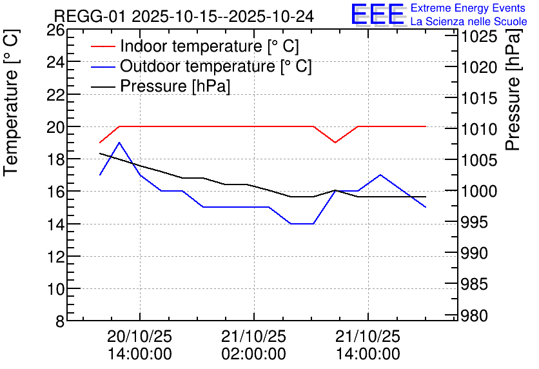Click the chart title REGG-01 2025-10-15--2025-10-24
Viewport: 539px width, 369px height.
(184, 16)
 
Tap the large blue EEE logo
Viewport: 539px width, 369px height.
(378, 14)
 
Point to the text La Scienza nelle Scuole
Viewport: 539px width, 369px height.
(469, 21)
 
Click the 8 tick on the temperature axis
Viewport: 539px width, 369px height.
(59, 321)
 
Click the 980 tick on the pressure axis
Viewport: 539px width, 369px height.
(478, 315)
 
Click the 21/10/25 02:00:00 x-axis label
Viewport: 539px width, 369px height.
(253, 345)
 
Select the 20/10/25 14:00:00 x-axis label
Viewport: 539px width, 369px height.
(139, 345)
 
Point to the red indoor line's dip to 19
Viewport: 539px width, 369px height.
(335, 143)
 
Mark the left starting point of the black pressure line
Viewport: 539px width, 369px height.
(100, 154)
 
